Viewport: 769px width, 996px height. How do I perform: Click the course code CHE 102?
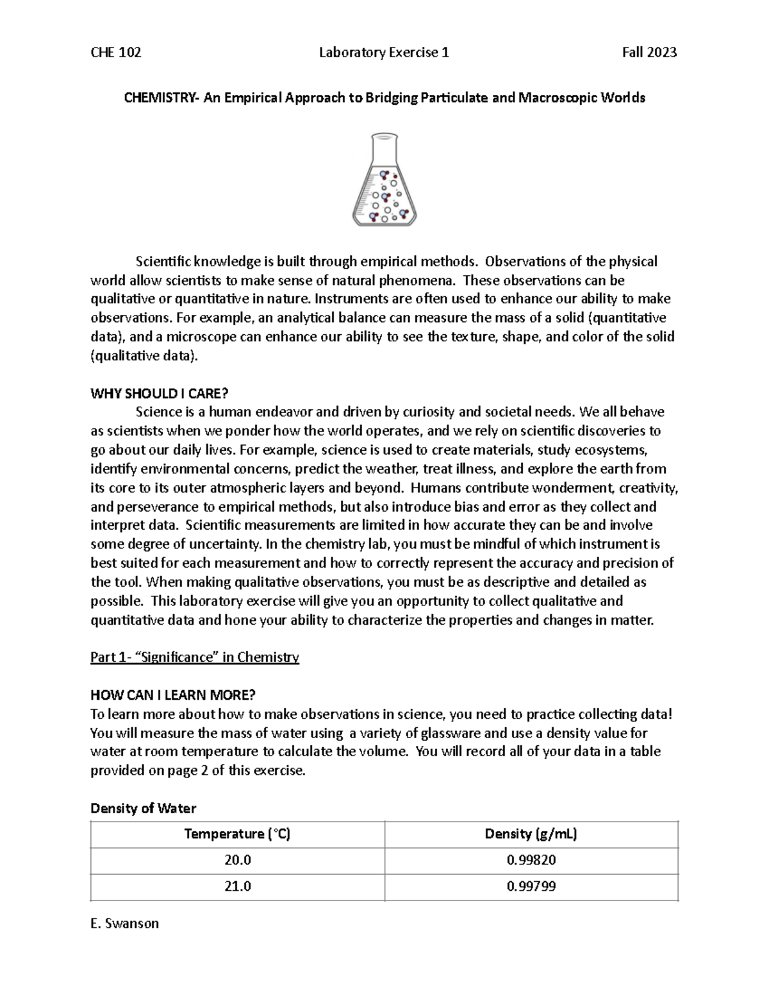(x=116, y=53)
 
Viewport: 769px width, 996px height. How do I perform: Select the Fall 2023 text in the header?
(x=649, y=53)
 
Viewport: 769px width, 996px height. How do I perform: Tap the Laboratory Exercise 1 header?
(x=384, y=53)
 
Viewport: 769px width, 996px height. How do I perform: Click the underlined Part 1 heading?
(x=195, y=657)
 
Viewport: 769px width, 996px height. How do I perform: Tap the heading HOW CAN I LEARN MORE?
(x=173, y=695)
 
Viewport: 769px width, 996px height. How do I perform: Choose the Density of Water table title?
(x=144, y=808)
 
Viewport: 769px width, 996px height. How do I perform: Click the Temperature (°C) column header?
(x=237, y=834)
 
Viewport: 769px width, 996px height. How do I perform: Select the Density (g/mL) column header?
(x=531, y=834)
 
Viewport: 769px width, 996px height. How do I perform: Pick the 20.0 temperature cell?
(x=237, y=860)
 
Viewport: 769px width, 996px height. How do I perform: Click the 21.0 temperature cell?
(x=237, y=886)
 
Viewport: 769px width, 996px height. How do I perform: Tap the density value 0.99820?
(x=531, y=860)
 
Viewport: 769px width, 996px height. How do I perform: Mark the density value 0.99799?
(x=531, y=886)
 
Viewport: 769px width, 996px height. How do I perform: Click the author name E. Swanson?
(x=124, y=924)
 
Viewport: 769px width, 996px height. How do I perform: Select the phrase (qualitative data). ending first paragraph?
(x=144, y=356)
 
